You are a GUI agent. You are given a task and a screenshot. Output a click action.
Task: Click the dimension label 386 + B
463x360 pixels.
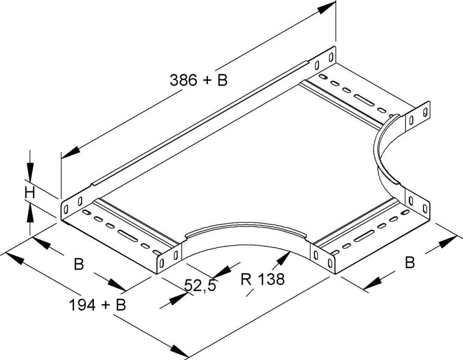click(199, 80)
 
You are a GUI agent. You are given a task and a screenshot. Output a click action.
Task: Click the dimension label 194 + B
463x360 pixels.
click(97, 305)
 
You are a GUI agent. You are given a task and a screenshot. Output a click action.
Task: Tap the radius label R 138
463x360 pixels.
click(263, 279)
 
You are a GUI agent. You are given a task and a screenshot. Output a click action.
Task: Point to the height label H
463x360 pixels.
click(30, 193)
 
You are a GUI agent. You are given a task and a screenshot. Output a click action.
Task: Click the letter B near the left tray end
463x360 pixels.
click(79, 264)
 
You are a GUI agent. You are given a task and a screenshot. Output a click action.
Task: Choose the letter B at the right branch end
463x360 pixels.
click(410, 262)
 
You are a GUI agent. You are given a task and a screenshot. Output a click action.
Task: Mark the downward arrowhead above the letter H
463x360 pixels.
click(30, 171)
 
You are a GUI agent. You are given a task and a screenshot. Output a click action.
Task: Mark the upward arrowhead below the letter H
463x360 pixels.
click(30, 213)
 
